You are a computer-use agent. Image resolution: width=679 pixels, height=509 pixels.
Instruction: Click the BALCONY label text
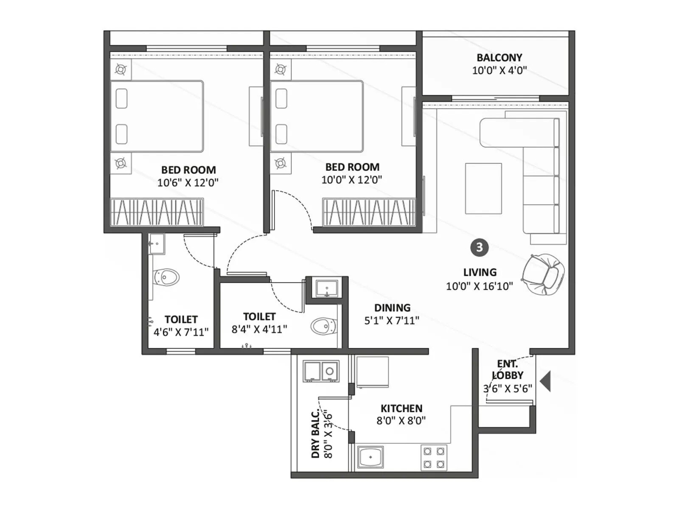point(499,58)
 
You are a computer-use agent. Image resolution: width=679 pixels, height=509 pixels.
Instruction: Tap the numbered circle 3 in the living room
point(479,247)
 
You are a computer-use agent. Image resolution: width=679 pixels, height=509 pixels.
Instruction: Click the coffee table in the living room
point(483,188)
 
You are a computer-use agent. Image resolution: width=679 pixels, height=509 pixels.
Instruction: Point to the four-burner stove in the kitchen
point(434,458)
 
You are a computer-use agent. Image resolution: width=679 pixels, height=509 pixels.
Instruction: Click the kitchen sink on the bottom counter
point(370,457)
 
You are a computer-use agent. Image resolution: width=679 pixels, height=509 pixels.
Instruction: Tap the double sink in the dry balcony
point(321,372)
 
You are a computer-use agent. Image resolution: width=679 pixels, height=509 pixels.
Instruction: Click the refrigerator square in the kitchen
point(372,372)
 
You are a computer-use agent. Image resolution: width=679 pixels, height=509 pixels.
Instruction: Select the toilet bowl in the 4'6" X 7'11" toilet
point(167,277)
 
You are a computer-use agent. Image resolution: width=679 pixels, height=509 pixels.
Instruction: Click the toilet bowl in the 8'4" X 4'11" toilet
point(323,326)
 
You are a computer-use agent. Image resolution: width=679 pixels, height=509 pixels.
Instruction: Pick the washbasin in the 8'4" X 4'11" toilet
point(327,289)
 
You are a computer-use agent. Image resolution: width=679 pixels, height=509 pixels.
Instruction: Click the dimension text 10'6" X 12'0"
point(188,183)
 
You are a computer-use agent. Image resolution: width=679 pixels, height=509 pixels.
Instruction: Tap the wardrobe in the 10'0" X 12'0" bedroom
point(368,212)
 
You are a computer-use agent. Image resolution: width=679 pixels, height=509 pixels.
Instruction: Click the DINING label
point(392,308)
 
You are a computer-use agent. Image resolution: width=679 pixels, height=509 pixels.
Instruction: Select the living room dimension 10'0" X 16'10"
point(479,286)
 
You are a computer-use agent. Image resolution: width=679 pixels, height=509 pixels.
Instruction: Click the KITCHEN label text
point(401,408)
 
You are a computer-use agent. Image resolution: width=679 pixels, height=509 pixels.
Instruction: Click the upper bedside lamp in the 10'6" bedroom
point(121,70)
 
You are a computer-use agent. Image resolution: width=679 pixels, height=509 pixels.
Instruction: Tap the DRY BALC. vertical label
point(315,434)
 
